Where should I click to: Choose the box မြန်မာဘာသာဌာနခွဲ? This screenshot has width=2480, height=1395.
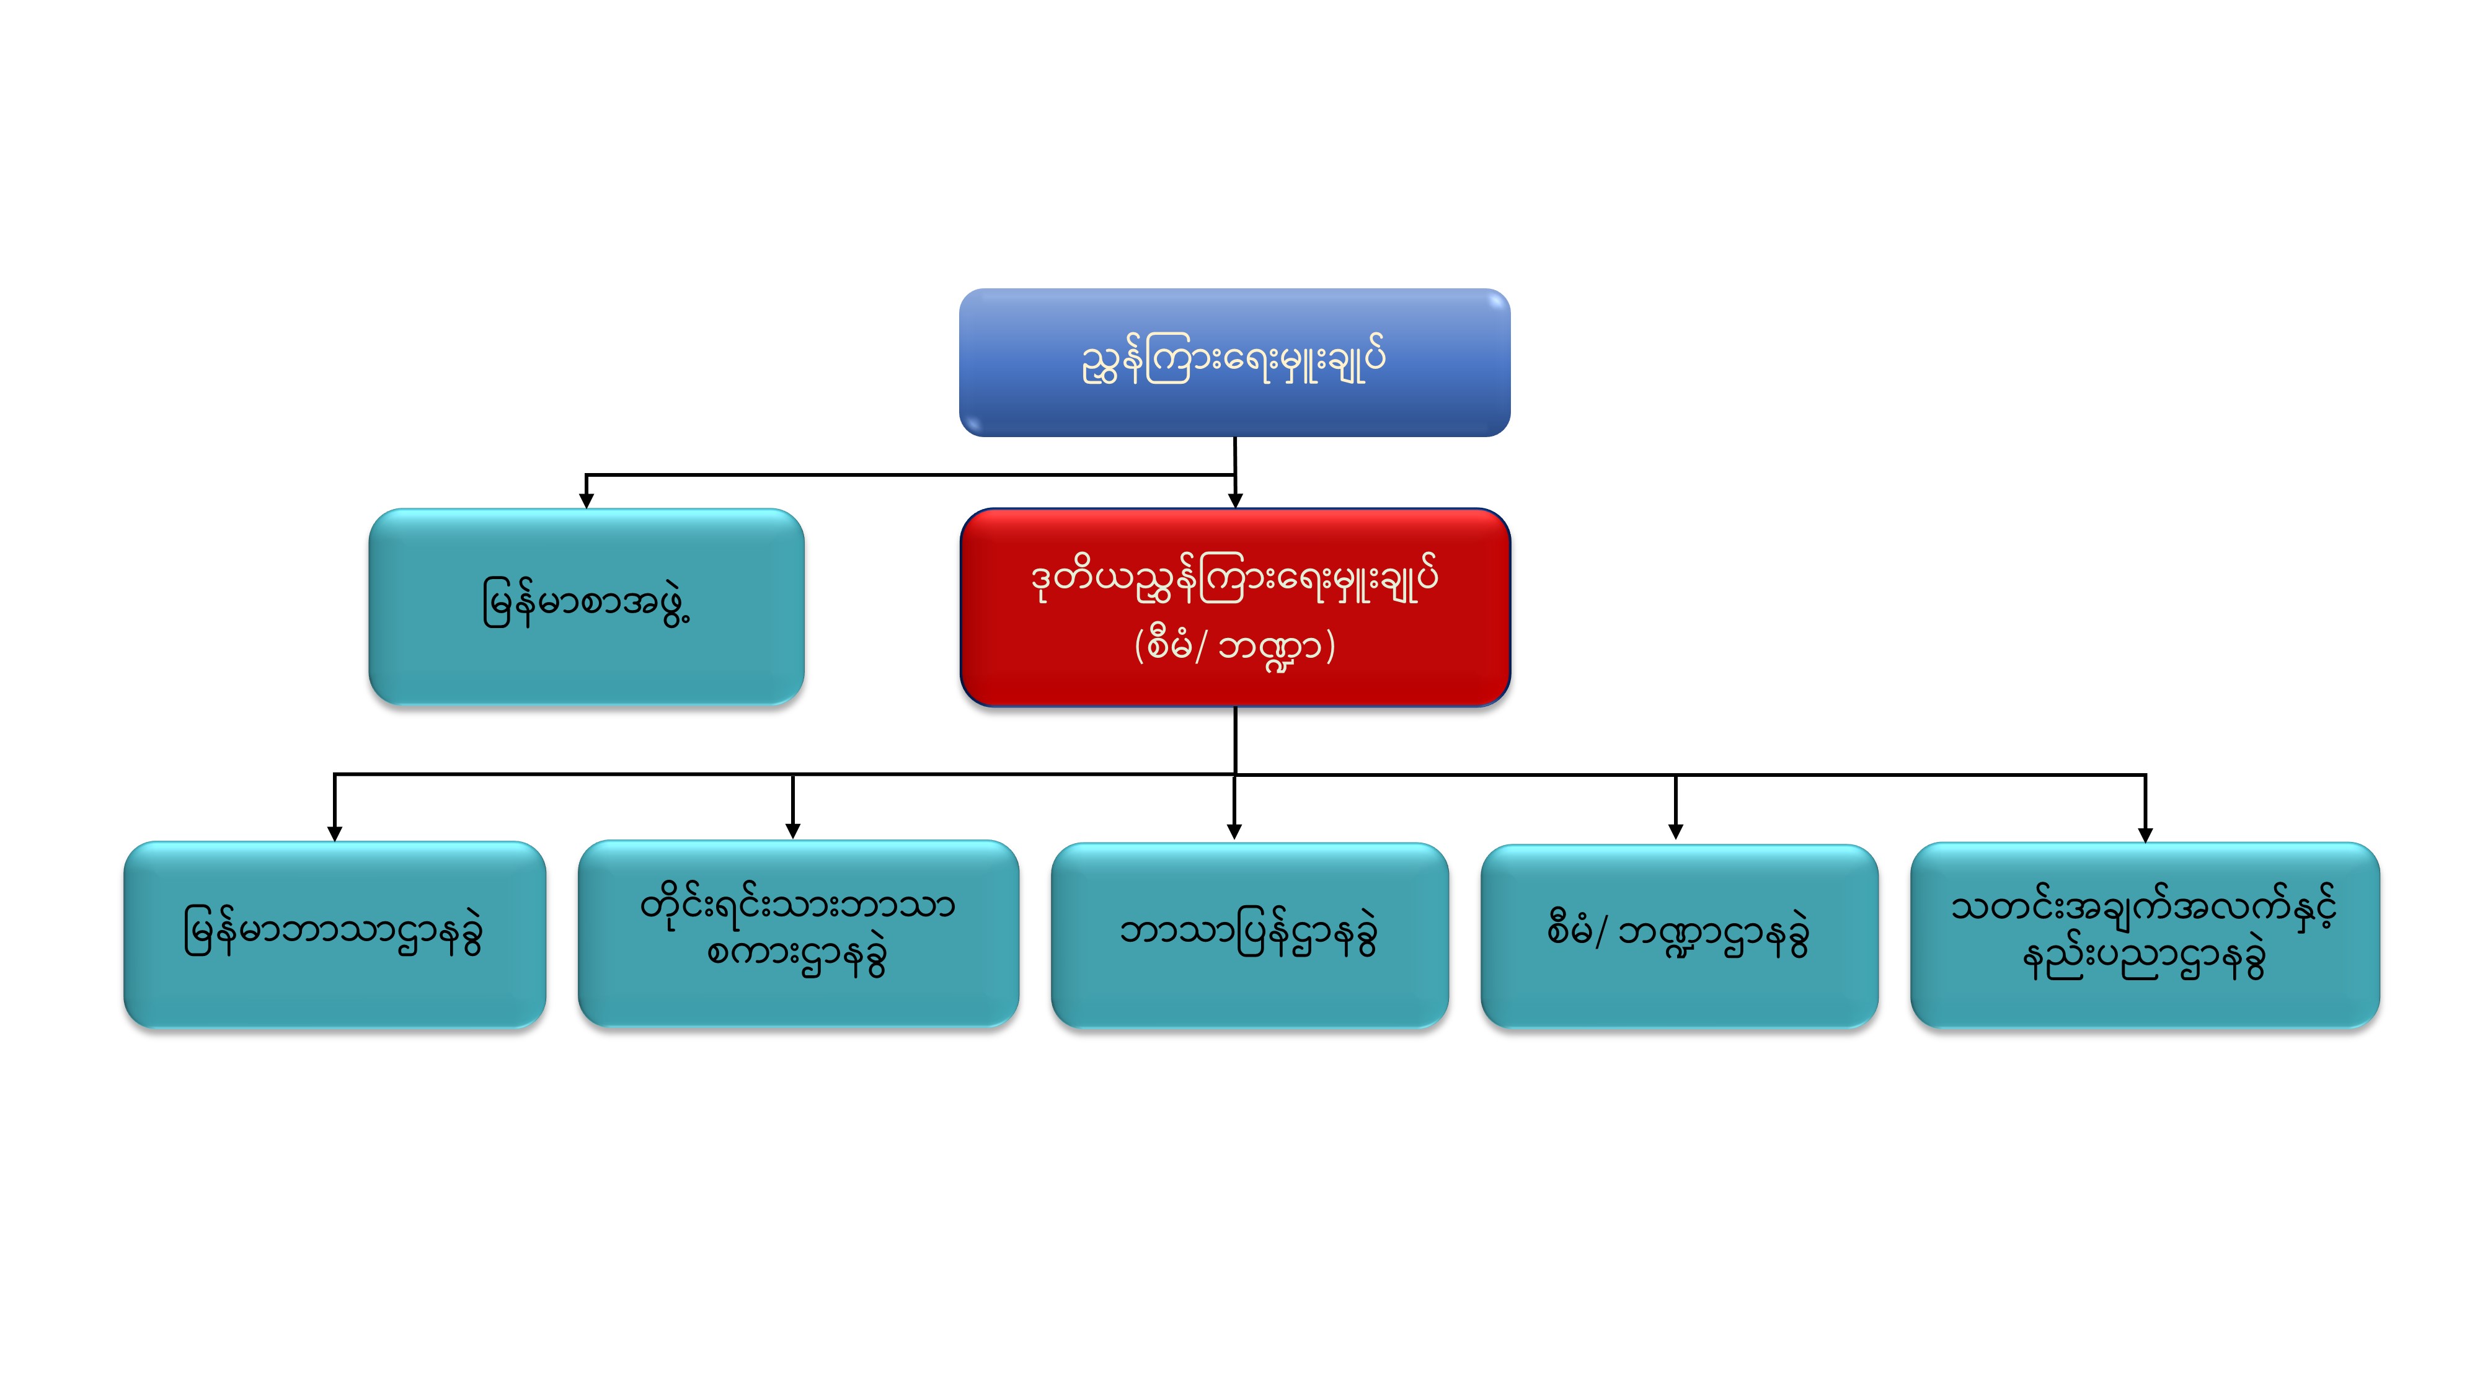pyautogui.click(x=334, y=934)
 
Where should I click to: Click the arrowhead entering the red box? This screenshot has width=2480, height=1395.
pyautogui.click(x=1235, y=500)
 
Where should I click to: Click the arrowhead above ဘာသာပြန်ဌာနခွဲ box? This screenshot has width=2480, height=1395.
pyautogui.click(x=1234, y=832)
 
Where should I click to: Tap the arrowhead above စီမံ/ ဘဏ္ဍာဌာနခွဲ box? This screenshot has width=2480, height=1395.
pyautogui.click(x=1675, y=832)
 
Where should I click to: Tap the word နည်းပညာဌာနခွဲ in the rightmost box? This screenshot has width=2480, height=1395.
pyautogui.click(x=2143, y=960)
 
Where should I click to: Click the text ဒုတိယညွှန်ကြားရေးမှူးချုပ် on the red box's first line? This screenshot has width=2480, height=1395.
pyautogui.click(x=1234, y=580)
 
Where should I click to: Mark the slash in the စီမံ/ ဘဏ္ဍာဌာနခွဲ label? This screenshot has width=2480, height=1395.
pyautogui.click(x=1600, y=932)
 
